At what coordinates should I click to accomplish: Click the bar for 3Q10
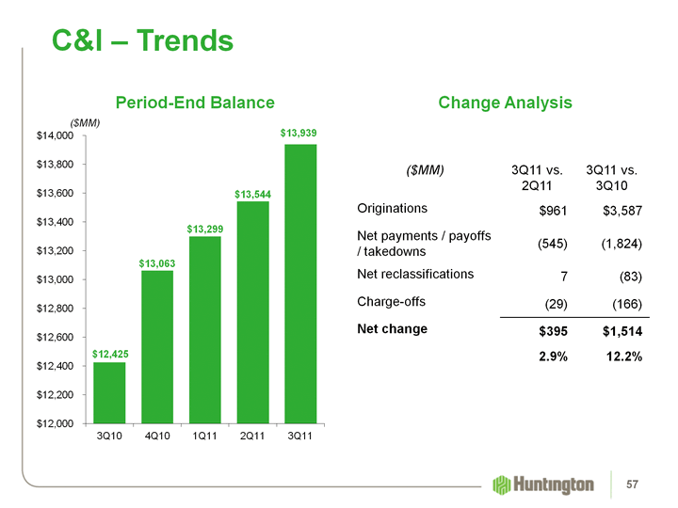pos(109,392)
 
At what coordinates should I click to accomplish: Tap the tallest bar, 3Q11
pos(298,283)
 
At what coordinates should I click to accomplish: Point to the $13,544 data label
pos(253,195)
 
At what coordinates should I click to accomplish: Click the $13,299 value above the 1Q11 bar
pos(205,230)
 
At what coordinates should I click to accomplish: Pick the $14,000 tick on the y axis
pos(54,136)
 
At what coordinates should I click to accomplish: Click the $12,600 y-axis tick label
pos(54,338)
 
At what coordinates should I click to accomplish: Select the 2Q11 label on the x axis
pos(251,437)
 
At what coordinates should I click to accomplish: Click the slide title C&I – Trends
pos(142,40)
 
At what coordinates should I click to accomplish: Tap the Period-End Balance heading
pos(195,102)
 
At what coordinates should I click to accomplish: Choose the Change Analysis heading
pos(506,102)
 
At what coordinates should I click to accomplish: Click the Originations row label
pos(393,208)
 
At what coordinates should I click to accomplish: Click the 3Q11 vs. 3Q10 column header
pos(613,179)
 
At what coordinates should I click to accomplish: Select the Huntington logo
pos(543,484)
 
